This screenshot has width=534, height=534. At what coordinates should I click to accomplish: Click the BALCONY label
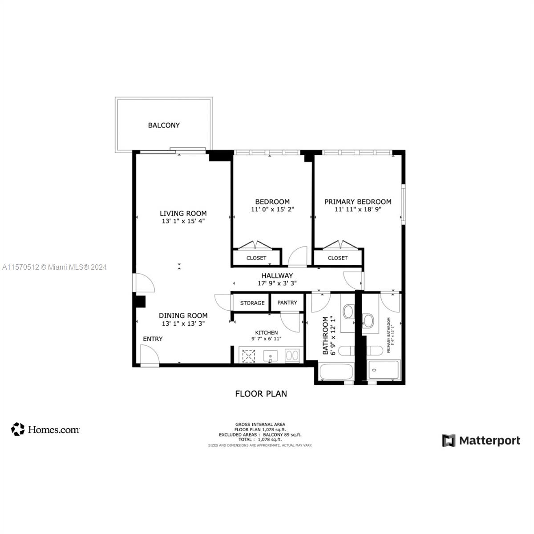tap(164, 125)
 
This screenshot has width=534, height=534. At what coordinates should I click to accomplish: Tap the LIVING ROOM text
tap(183, 214)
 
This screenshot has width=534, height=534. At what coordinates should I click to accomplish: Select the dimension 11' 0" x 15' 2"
tap(272, 209)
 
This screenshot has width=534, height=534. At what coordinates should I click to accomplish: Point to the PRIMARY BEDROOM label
tap(358, 202)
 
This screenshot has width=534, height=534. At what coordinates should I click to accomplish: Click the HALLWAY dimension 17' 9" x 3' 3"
tap(277, 283)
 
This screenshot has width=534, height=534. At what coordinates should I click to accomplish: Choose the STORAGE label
tap(252, 303)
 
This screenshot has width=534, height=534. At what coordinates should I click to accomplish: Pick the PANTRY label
tap(287, 303)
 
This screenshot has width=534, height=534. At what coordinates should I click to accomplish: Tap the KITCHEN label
tap(267, 332)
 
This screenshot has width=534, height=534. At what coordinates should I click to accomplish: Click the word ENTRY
tap(153, 339)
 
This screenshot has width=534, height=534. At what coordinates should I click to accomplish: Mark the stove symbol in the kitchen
tap(248, 356)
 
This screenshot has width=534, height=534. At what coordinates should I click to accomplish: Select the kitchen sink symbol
tap(270, 356)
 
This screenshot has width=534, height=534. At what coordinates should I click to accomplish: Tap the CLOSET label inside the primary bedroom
tap(338, 258)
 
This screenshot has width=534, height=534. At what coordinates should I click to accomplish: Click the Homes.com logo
tap(45, 429)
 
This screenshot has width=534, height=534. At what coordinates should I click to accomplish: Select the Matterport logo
tap(481, 441)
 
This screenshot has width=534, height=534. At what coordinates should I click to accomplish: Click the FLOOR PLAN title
tap(261, 394)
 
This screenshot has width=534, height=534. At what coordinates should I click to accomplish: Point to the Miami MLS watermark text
tap(54, 267)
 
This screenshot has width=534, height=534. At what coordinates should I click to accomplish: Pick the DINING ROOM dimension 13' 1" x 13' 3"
tap(183, 324)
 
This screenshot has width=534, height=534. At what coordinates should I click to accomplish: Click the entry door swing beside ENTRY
tap(150, 355)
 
